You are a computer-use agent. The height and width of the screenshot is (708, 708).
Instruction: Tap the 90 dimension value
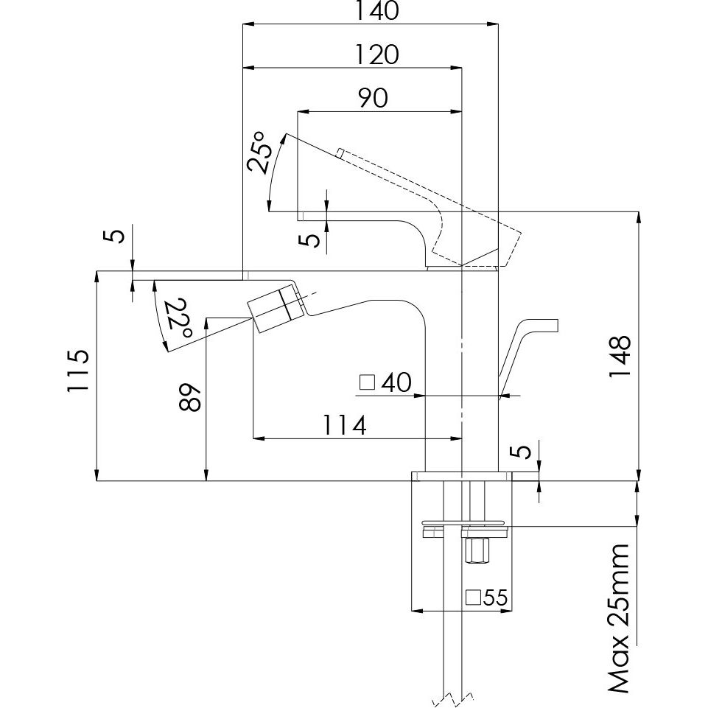[x=374, y=99]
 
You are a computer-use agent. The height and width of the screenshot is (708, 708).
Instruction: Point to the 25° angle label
[x=259, y=152]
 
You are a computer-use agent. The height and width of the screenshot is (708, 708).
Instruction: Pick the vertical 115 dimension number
[x=79, y=371]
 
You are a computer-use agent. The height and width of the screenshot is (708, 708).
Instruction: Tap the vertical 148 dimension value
[x=621, y=357]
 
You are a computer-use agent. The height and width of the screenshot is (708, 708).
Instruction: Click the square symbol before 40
[x=366, y=383]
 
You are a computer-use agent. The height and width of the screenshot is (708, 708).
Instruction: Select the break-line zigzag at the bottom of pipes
[x=453, y=697]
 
